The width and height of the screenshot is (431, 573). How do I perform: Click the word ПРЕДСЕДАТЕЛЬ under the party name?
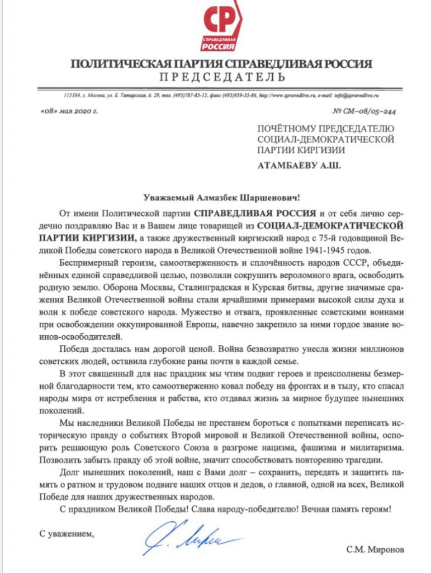point(222,77)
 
